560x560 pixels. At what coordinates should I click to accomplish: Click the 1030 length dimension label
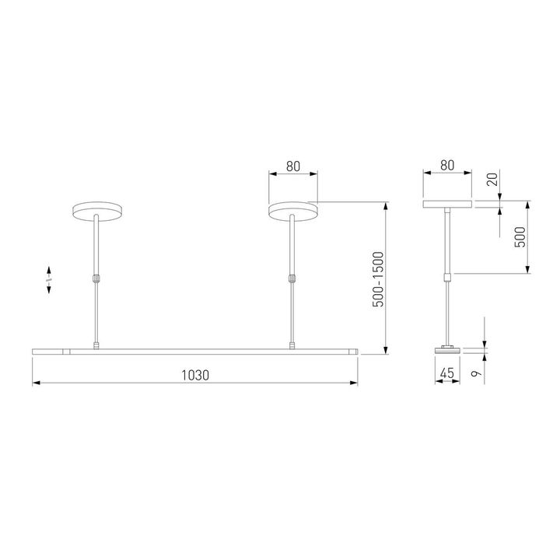click(x=195, y=374)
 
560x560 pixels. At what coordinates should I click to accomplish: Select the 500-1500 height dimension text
click(x=378, y=278)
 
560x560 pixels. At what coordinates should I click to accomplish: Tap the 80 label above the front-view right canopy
click(x=292, y=166)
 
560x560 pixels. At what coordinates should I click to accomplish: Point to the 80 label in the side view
click(x=446, y=166)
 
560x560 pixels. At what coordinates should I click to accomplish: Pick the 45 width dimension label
click(x=446, y=374)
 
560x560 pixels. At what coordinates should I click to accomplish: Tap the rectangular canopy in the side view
click(x=446, y=205)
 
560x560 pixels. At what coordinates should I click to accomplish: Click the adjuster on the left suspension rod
click(x=95, y=277)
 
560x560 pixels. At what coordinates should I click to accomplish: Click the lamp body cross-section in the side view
click(x=446, y=351)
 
